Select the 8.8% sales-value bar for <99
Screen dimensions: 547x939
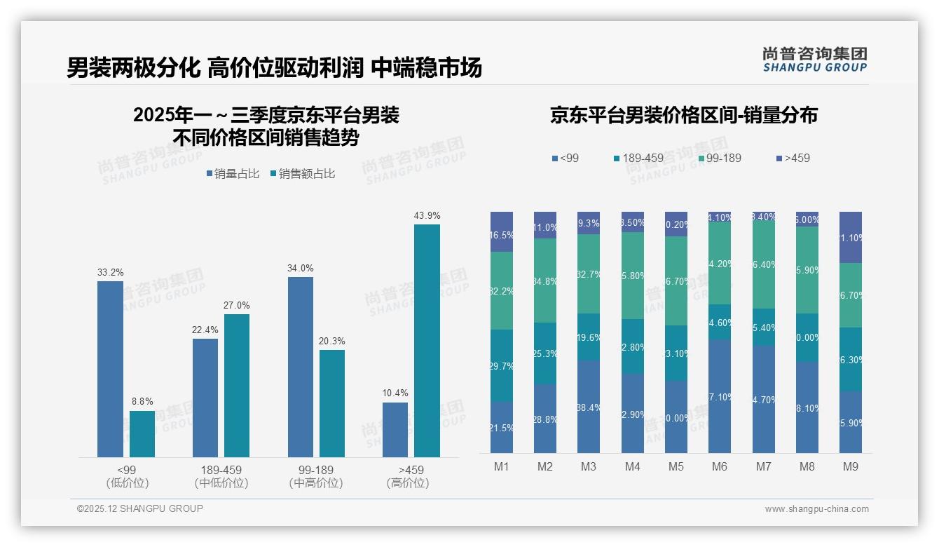[x=142, y=434]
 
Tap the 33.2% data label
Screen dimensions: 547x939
[x=110, y=272]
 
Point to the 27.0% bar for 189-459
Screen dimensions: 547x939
[x=237, y=386]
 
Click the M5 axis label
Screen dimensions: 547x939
[x=676, y=466]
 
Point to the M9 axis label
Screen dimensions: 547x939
[x=851, y=466]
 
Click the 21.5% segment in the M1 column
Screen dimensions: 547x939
[x=502, y=427]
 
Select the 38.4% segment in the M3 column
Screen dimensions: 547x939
[x=589, y=407]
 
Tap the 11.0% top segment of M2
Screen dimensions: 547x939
[x=545, y=225]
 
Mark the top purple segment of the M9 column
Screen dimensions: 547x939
[x=851, y=237]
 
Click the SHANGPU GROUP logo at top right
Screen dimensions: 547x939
[x=814, y=60]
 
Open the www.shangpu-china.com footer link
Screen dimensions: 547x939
[x=816, y=509]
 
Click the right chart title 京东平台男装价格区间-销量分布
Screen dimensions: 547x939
[x=683, y=116]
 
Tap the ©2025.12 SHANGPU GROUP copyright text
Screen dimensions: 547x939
[x=140, y=508]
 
